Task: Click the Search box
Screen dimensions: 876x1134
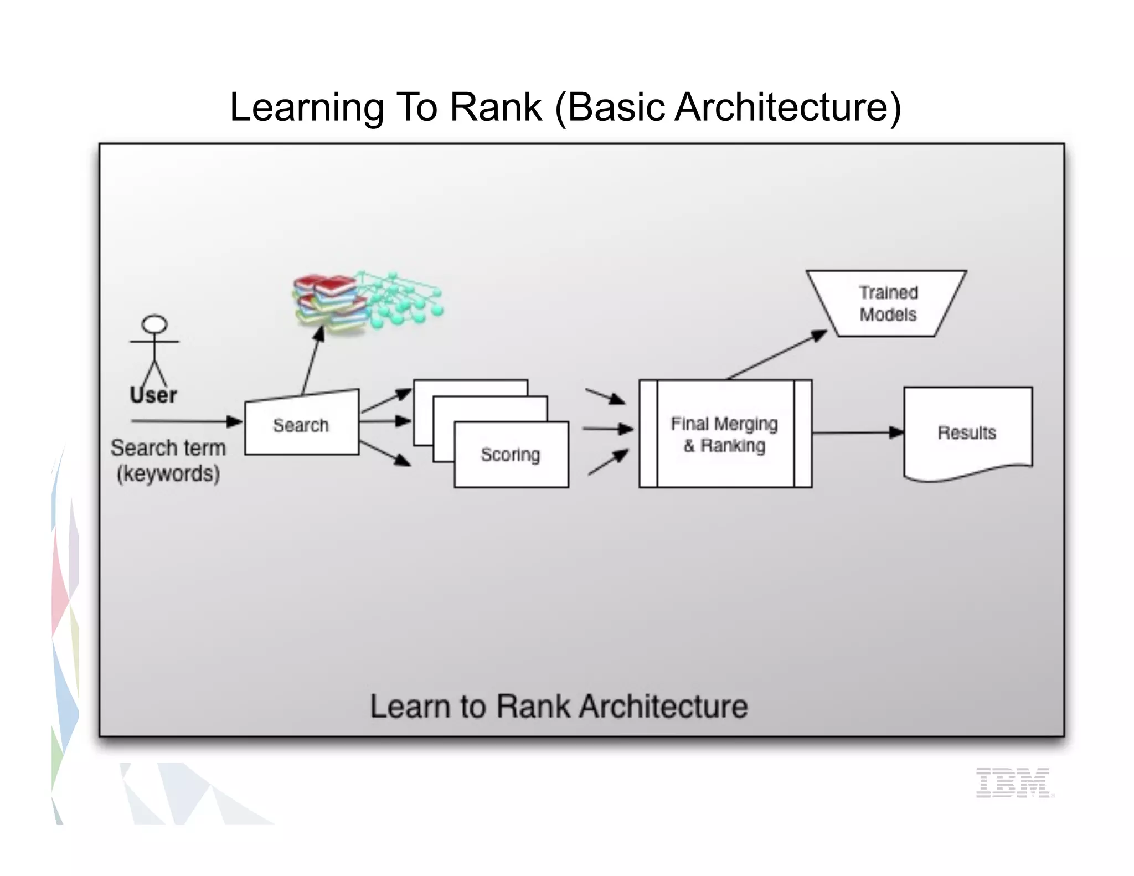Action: tap(301, 425)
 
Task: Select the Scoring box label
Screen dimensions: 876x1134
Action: tap(510, 454)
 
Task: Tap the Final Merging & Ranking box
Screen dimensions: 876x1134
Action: tap(725, 434)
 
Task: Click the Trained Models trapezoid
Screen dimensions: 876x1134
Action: tap(888, 303)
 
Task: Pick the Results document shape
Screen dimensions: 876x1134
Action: tap(967, 432)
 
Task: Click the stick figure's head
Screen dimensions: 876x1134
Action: tap(154, 324)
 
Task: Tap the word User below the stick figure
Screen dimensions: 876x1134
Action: tap(153, 395)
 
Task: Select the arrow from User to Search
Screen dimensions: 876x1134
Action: tap(185, 421)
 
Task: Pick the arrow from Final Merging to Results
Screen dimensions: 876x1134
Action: tap(857, 433)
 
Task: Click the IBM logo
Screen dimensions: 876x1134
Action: tap(1014, 782)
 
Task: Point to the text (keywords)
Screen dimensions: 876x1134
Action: tap(168, 474)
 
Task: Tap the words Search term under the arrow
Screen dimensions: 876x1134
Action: tap(168, 447)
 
